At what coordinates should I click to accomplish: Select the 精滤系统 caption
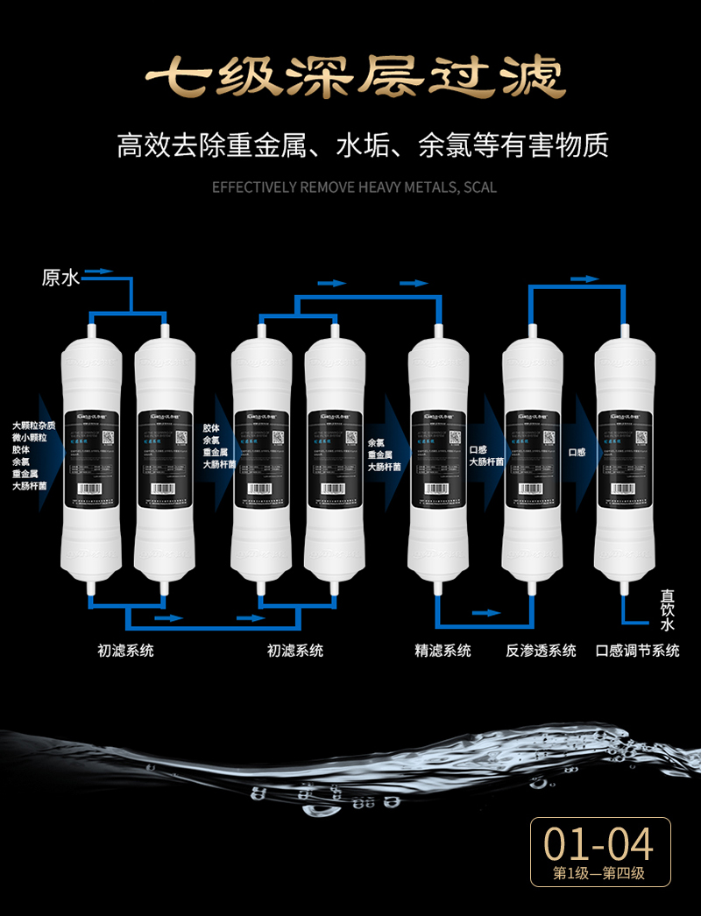click(443, 651)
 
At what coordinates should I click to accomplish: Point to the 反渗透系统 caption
click(541, 651)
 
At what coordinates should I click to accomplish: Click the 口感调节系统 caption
click(637, 651)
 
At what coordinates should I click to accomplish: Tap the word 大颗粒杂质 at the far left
click(33, 426)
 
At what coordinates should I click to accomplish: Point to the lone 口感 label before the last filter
click(577, 452)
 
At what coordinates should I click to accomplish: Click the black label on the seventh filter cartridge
click(626, 453)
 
